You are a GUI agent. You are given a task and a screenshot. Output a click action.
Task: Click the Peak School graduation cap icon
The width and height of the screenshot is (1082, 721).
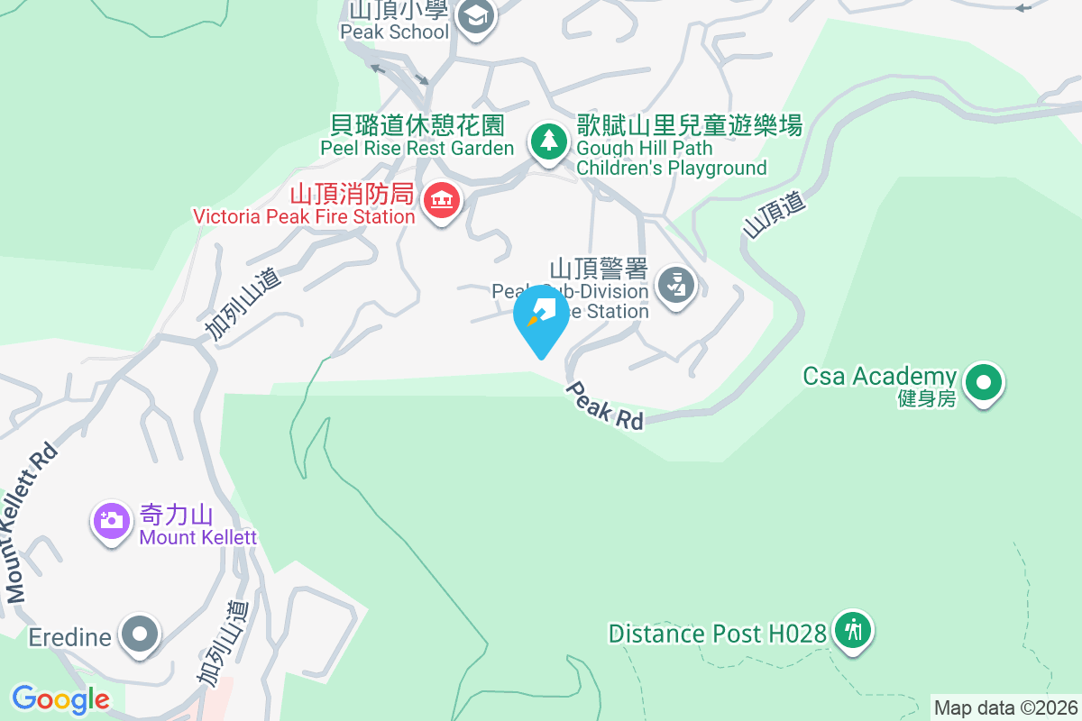[x=475, y=15]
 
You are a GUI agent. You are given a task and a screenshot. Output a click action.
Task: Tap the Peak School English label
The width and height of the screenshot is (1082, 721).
[x=394, y=32]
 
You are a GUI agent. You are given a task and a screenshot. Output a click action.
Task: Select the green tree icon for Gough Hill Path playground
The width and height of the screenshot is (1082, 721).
[x=547, y=141]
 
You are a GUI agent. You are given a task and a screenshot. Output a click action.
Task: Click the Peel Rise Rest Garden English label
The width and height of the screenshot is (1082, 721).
[x=417, y=148]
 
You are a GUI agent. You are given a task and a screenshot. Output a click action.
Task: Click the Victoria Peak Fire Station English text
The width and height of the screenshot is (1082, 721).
[x=304, y=216]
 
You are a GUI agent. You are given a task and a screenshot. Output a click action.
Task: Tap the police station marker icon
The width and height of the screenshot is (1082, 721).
[x=674, y=285]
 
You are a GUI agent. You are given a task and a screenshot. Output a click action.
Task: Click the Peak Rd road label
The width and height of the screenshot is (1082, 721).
[x=605, y=406]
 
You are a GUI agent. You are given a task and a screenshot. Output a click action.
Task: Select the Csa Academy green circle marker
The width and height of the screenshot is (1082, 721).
[x=984, y=383]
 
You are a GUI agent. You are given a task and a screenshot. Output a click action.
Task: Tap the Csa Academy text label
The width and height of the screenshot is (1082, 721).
[x=879, y=376]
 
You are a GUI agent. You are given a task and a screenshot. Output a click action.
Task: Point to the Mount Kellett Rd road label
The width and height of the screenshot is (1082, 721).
[x=31, y=525]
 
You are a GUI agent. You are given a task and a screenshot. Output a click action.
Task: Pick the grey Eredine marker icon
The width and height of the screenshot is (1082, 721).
[x=139, y=634]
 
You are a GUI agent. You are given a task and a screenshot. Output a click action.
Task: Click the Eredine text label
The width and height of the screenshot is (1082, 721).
[x=69, y=637]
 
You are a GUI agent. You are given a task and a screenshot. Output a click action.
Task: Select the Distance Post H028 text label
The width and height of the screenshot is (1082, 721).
[x=717, y=634]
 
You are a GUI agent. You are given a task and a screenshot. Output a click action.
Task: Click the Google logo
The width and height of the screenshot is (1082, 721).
[x=60, y=699]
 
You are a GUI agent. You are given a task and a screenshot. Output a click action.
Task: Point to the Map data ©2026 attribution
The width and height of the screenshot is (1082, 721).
[x=1005, y=707]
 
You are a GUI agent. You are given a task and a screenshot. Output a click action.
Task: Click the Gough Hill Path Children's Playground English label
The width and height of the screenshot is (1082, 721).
[x=671, y=158]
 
